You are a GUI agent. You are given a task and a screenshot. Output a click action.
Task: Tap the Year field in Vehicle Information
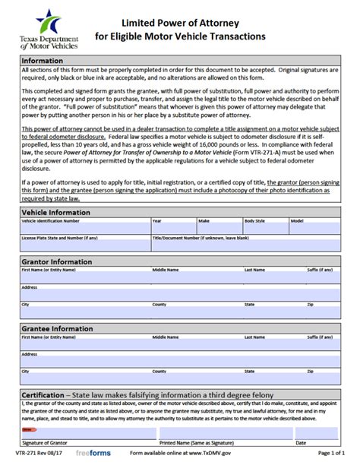click(x=173, y=227)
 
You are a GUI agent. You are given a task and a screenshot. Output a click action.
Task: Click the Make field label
click(x=204, y=220)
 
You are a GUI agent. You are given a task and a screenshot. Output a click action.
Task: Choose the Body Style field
click(x=265, y=227)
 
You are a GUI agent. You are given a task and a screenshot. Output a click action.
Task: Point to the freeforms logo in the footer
click(x=93, y=454)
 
